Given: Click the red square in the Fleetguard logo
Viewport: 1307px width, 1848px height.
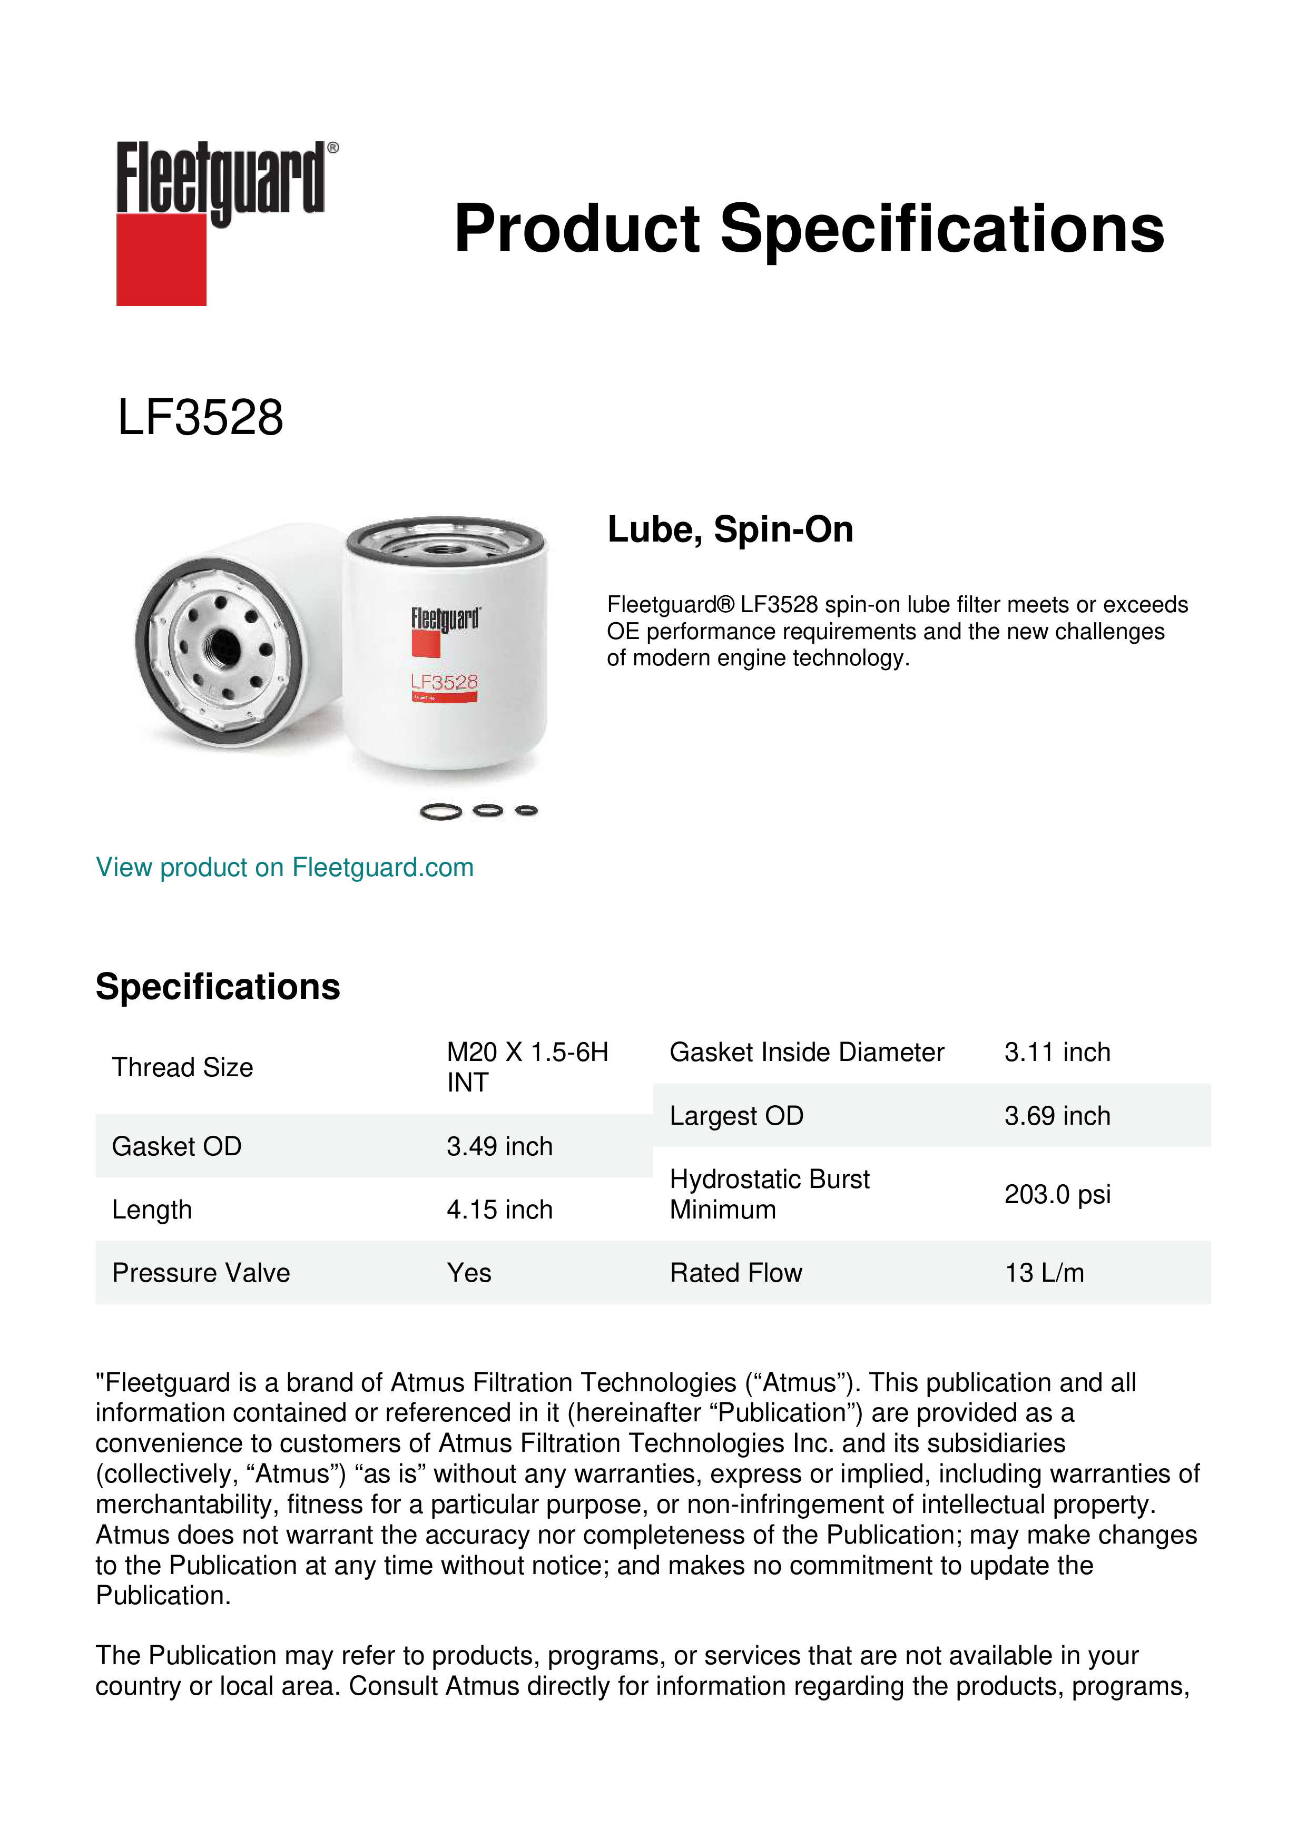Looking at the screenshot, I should pyautogui.click(x=161, y=259).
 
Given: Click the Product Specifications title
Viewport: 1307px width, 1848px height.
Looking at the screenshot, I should pyautogui.click(x=809, y=229).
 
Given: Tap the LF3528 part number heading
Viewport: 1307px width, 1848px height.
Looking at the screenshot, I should pyautogui.click(x=200, y=418).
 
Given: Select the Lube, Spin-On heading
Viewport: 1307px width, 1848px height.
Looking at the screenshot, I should pyautogui.click(x=730, y=529).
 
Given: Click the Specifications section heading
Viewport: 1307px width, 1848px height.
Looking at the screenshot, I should pyautogui.click(x=217, y=986).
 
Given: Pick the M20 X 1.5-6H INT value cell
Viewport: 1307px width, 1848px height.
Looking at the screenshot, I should pyautogui.click(x=527, y=1066).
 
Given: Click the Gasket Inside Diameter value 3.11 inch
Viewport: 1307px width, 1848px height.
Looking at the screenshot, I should pyautogui.click(x=1057, y=1052).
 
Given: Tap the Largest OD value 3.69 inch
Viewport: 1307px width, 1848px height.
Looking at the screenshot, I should pyautogui.click(x=1057, y=1116).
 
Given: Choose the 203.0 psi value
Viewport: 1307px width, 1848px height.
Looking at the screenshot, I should pyautogui.click(x=1057, y=1194).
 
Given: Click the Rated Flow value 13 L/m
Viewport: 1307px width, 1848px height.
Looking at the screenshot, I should pyautogui.click(x=1044, y=1273).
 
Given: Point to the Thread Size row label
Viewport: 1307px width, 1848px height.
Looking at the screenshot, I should pyautogui.click(x=183, y=1067).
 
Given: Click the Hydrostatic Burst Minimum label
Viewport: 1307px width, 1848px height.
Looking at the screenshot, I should pyautogui.click(x=769, y=1194).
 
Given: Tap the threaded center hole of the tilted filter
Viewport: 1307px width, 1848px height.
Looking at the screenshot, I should pyautogui.click(x=223, y=645).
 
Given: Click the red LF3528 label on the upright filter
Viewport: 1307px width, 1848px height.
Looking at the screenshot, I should pyautogui.click(x=444, y=683).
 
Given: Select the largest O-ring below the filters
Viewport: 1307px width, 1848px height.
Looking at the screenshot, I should pyautogui.click(x=441, y=812).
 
